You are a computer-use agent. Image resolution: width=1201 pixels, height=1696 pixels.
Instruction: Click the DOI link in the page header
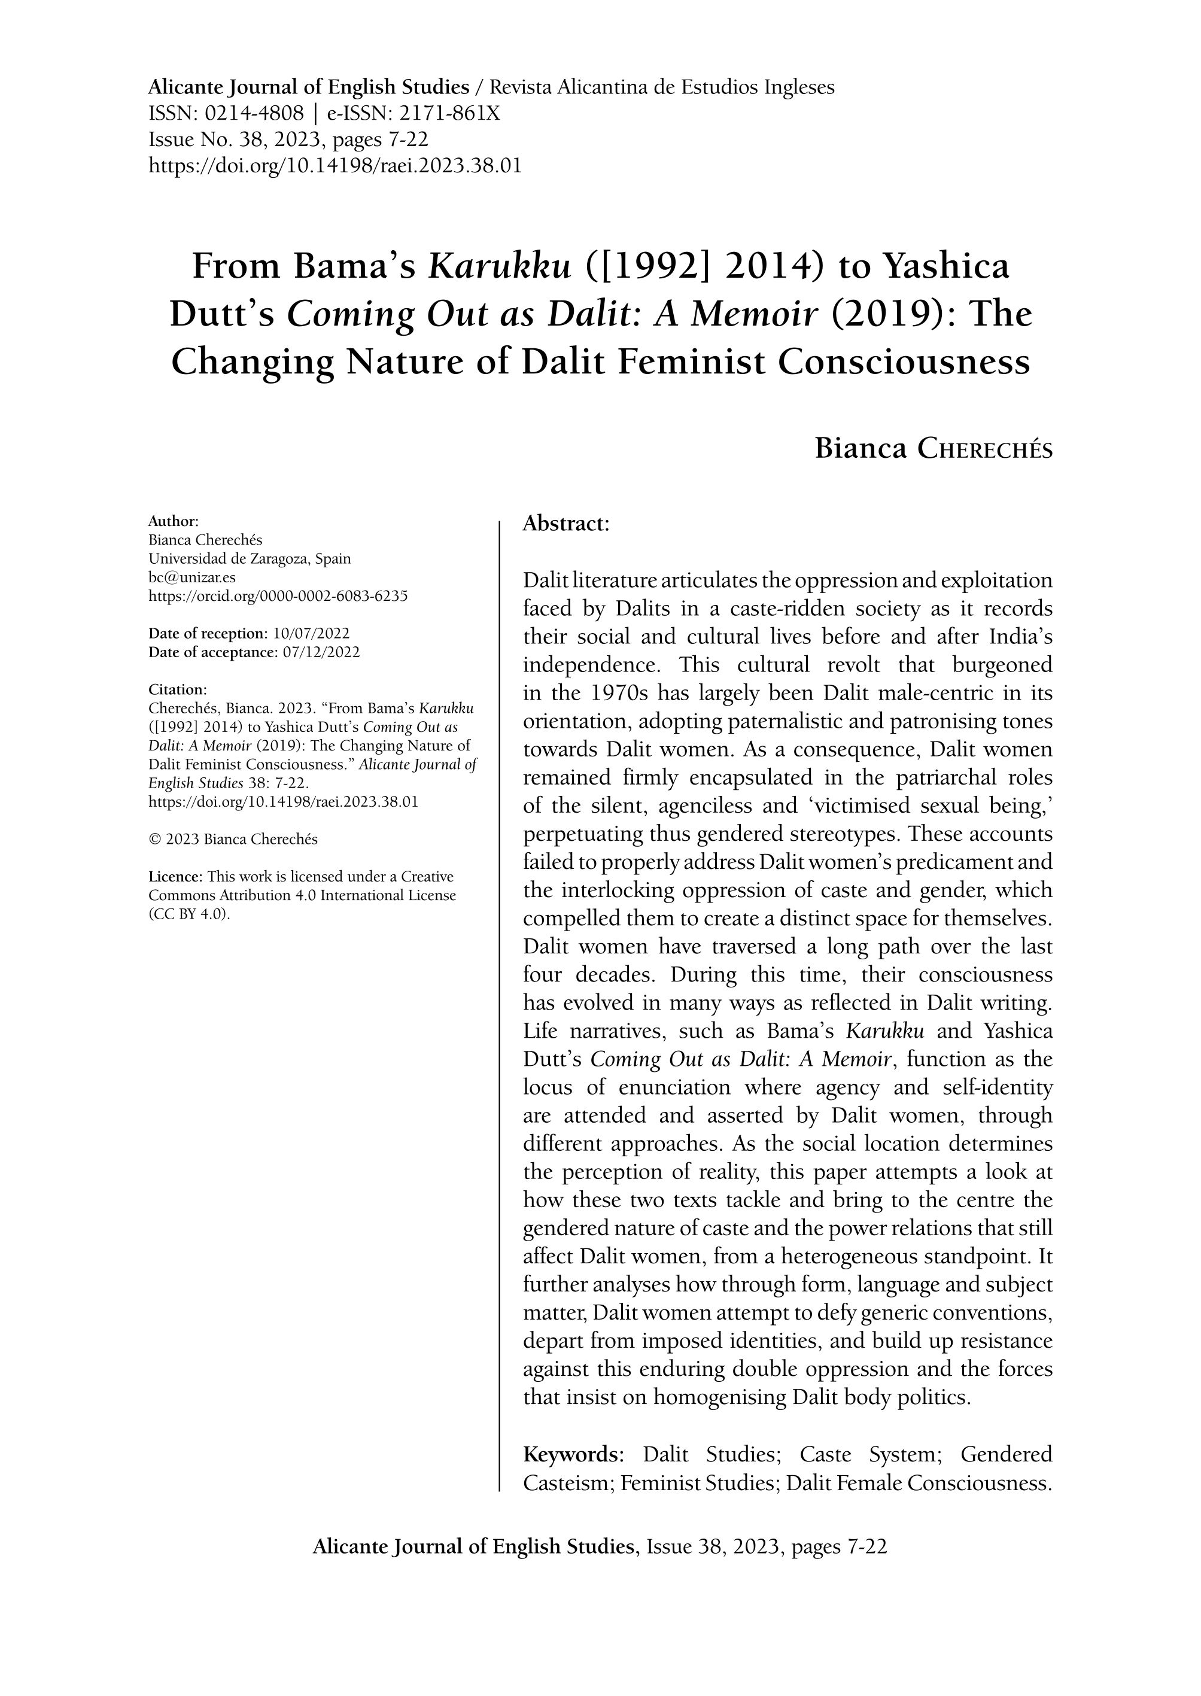pyautogui.click(x=335, y=166)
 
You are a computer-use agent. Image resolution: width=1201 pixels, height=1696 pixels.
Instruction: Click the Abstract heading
pyautogui.click(x=565, y=524)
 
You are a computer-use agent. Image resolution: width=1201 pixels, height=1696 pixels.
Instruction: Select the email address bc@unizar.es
pyautogui.click(x=192, y=578)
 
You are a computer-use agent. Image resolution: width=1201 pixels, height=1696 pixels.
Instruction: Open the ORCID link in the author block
pyautogui.click(x=278, y=596)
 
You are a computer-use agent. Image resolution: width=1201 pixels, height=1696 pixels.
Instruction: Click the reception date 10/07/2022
pyautogui.click(x=311, y=634)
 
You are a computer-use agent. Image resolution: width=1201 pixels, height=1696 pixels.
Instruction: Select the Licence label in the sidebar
pyautogui.click(x=175, y=877)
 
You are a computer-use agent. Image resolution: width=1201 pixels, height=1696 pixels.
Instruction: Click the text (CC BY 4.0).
pyautogui.click(x=190, y=913)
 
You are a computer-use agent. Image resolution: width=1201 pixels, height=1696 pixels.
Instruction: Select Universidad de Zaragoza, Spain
pyautogui.click(x=250, y=558)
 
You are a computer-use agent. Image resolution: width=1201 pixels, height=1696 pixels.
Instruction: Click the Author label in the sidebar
pyautogui.click(x=173, y=521)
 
